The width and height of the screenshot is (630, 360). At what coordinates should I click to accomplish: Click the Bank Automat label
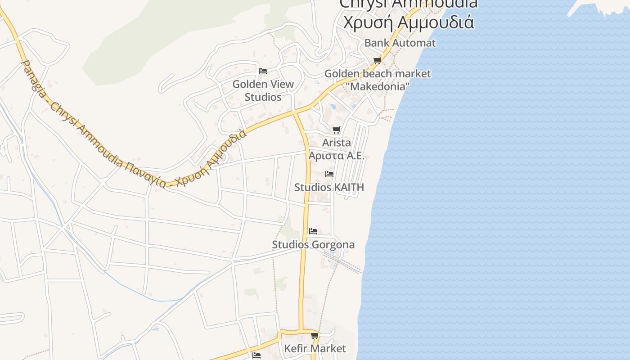[400, 43]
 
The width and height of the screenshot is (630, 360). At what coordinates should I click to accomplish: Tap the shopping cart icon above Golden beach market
[377, 60]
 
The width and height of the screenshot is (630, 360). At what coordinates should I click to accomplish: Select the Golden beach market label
[378, 73]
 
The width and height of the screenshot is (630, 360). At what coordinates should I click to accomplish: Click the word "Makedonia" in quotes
[377, 86]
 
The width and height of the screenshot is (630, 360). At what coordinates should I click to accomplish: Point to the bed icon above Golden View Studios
[263, 71]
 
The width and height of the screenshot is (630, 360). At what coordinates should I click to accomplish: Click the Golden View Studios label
[263, 90]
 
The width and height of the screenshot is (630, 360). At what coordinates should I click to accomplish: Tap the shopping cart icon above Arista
[336, 130]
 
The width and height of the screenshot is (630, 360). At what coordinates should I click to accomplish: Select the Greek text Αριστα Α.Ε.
[336, 156]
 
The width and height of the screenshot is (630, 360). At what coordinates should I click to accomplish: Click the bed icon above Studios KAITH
[329, 174]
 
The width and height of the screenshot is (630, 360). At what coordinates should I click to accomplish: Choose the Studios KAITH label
[329, 187]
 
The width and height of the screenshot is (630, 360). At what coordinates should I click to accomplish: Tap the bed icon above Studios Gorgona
[313, 231]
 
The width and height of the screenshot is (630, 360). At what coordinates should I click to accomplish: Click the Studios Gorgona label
[313, 245]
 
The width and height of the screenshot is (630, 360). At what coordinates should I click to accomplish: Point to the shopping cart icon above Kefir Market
[315, 335]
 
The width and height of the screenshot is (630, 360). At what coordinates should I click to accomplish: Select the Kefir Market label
[315, 348]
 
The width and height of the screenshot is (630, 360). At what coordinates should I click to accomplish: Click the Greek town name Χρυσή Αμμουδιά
[409, 21]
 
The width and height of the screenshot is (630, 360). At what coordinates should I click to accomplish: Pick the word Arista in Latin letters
[336, 143]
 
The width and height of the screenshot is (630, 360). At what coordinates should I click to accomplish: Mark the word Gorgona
[333, 245]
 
